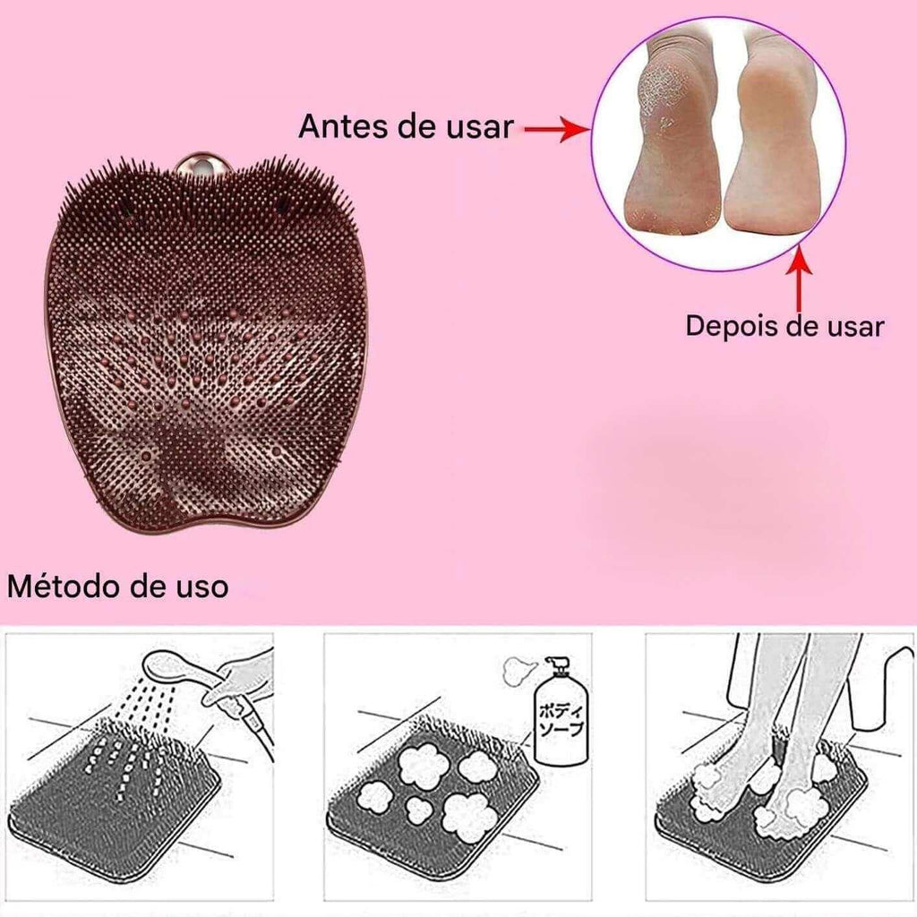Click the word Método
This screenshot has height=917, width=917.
point(65,586)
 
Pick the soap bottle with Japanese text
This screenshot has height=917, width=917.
point(561,710)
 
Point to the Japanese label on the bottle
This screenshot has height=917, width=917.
point(561,719)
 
